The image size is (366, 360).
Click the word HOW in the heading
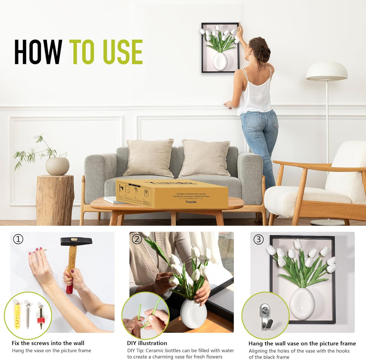[x=38, y=52]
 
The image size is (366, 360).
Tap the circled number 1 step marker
[x=18, y=239]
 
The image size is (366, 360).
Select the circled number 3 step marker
[x=258, y=239]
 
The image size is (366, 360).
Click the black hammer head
[x=76, y=241]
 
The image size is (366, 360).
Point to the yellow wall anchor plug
[x=17, y=315]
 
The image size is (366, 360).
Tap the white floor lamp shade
[x=326, y=71]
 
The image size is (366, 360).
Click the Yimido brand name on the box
[x=191, y=202]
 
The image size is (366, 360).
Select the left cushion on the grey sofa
[x=149, y=158]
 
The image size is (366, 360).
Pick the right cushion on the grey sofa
[x=205, y=158]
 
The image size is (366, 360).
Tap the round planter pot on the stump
[x=57, y=166]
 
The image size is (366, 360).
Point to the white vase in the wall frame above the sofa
[x=220, y=61]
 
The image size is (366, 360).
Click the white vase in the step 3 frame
[x=302, y=304]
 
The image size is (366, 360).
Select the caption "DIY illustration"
[x=147, y=343]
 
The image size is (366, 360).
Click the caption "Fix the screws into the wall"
[x=48, y=343]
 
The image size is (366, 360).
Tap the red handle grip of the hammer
[x=70, y=286]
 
